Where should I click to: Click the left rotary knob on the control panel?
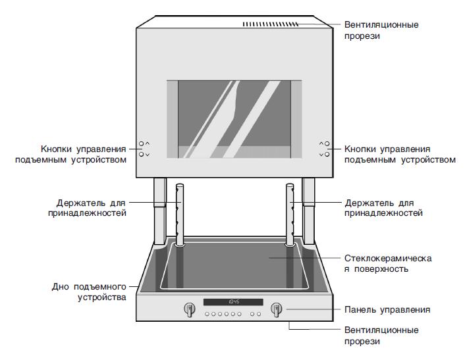tap(189, 309)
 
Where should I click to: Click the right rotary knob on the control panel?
tap(276, 309)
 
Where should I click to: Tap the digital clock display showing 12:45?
tap(233, 302)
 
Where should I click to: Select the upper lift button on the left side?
tap(142, 143)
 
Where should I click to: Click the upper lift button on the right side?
tap(327, 143)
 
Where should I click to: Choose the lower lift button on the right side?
tap(327, 155)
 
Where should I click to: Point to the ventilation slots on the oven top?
tap(271, 24)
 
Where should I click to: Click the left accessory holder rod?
tap(180, 215)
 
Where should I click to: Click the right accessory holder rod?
tap(290, 215)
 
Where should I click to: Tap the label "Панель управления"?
tap(387, 310)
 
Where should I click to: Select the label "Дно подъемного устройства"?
tap(90, 292)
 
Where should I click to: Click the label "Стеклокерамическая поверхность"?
tap(388, 264)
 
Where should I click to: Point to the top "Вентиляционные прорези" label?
tap(381, 30)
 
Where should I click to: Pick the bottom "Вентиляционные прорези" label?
tap(381, 336)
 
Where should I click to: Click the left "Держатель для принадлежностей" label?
tap(88, 208)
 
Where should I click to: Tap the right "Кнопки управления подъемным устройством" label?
tap(400, 155)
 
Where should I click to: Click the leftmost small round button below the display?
tap(207, 314)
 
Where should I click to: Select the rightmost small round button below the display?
tap(259, 314)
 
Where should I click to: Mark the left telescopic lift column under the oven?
tap(160, 211)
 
